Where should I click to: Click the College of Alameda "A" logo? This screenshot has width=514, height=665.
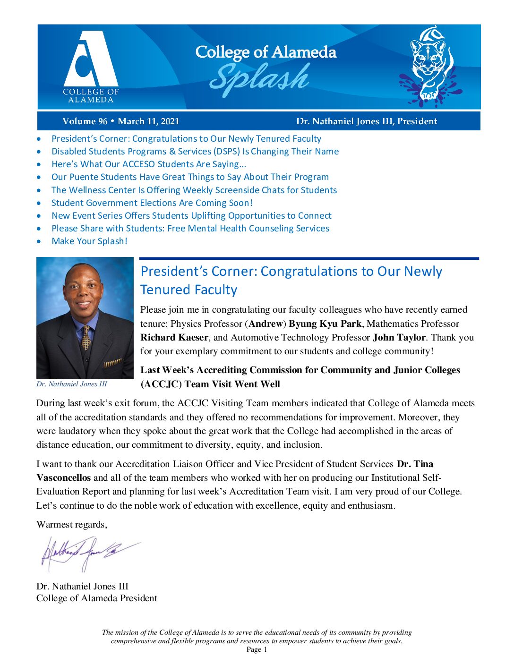tap(90, 60)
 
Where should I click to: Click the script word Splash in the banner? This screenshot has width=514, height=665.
tap(259, 78)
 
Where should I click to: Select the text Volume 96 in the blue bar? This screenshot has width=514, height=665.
tap(85, 121)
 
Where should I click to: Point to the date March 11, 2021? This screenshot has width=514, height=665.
tap(148, 121)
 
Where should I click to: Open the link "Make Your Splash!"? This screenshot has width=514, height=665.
tap(89, 241)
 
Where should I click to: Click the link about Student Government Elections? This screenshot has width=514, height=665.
tap(152, 203)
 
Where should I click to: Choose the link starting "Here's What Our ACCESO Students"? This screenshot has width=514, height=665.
tap(149, 164)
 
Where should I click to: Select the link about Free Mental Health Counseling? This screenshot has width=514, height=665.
tap(190, 229)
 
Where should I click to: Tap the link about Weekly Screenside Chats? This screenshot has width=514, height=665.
tap(194, 190)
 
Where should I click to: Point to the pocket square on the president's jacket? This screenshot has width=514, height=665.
tap(112, 363)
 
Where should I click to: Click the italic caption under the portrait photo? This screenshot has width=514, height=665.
tap(72, 384)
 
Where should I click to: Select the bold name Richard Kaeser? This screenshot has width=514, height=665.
tap(174, 338)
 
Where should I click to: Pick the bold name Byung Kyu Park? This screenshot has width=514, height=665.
tap(325, 324)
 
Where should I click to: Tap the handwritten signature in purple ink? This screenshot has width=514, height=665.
tap(87, 553)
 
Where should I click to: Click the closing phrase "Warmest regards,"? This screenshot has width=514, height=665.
tap(72, 525)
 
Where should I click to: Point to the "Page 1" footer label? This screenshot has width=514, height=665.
tap(257, 650)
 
